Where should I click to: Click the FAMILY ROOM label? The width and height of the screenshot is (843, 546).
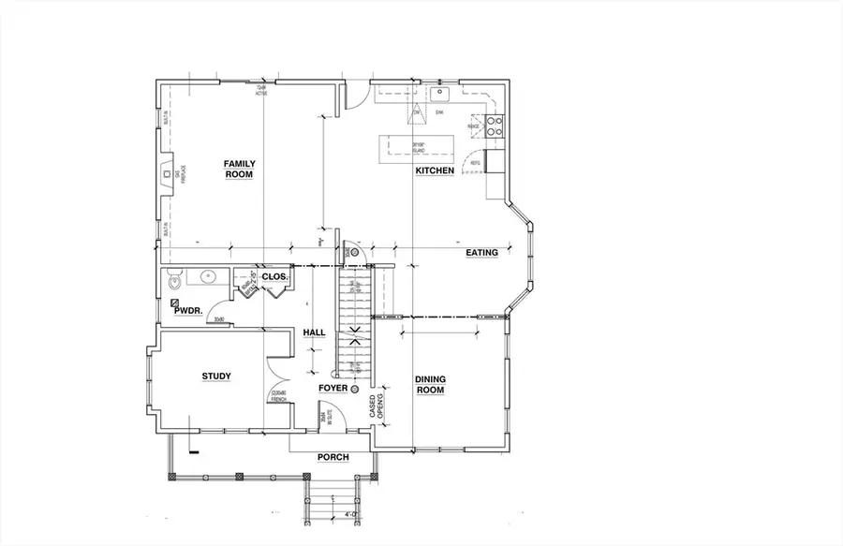tap(240, 169)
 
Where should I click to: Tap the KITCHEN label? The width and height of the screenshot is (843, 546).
tap(435, 170)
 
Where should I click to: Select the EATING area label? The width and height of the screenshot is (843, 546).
tap(481, 253)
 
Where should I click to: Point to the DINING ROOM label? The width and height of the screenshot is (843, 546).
tap(430, 384)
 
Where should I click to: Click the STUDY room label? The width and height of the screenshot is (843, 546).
tap(216, 376)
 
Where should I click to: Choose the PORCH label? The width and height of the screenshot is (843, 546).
tap(333, 457)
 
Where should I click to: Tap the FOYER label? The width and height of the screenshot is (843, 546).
tap(333, 388)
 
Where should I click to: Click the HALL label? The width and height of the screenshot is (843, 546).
tap(314, 332)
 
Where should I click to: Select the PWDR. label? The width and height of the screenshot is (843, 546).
tap(188, 310)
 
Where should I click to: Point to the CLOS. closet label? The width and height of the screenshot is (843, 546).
tap(274, 277)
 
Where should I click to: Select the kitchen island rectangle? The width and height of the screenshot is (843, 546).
tap(415, 148)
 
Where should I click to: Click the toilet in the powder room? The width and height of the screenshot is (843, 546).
tap(171, 280)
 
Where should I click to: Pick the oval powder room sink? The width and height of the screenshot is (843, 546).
tap(206, 276)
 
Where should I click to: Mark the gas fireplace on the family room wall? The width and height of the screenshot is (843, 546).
tap(167, 175)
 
